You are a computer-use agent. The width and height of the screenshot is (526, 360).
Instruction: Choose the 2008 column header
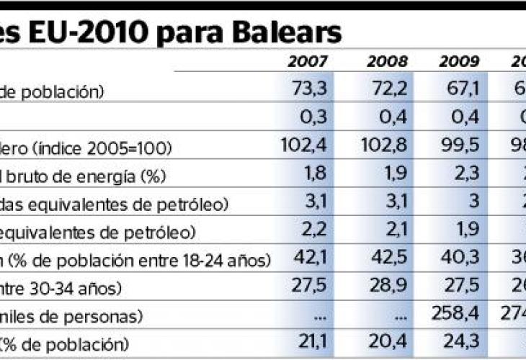coord(388,62)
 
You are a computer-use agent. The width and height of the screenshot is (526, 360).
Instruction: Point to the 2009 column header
coord(459,62)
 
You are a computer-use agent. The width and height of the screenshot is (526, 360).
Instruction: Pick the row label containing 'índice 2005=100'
coord(86,148)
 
